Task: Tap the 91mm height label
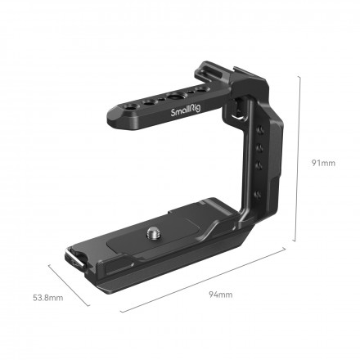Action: (322, 163)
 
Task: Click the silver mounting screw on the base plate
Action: (154, 233)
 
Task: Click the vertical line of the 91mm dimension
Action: (302, 163)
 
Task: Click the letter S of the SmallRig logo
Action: (173, 115)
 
